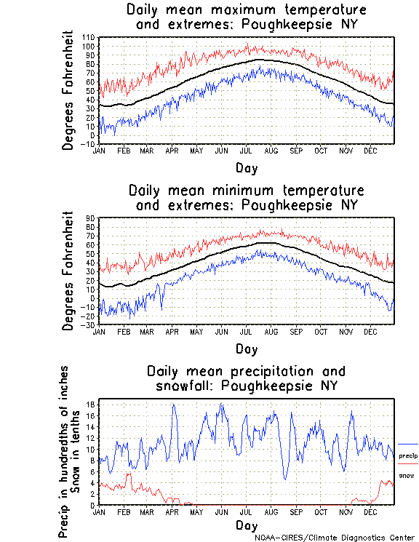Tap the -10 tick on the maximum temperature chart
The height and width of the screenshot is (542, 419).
point(89,144)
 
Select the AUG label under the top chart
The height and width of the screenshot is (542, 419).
point(271,151)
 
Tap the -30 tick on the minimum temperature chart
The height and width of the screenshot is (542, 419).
point(89,324)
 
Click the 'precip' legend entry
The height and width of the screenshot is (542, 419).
point(408,455)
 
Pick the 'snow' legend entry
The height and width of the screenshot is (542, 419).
point(407,476)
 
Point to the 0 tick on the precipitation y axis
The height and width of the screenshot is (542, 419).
point(94,505)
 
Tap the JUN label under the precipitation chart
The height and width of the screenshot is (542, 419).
point(220,511)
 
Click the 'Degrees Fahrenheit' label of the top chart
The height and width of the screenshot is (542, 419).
point(69,90)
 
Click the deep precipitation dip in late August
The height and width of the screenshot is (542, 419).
point(287,478)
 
